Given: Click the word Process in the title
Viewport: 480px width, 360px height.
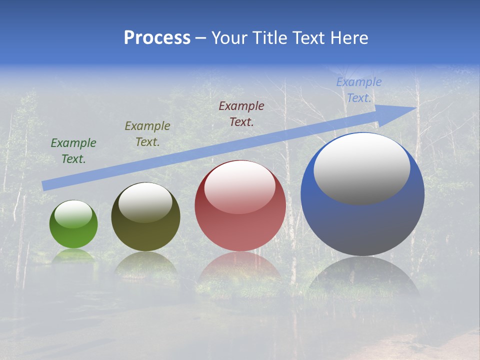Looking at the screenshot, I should tap(157, 38).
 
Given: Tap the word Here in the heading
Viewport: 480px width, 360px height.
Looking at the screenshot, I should tap(349, 38).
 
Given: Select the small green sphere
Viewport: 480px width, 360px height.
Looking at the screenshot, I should tap(73, 230).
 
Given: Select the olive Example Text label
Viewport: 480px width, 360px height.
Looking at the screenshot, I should tap(147, 134).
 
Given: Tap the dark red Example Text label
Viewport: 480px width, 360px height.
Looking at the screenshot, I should tap(241, 113).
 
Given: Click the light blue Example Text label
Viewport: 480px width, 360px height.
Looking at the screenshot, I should tap(358, 90).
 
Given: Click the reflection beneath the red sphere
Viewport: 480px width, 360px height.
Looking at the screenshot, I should tap(240, 272).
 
